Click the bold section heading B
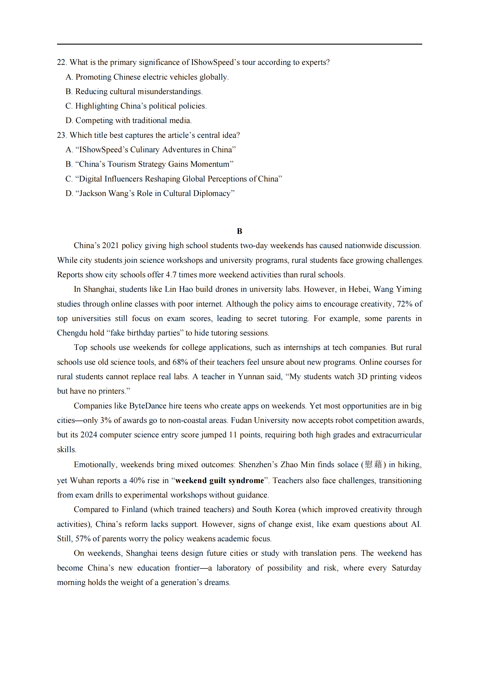239,231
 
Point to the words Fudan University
260,420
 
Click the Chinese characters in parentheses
373,464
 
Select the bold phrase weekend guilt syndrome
220,480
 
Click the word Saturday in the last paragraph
406,568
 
